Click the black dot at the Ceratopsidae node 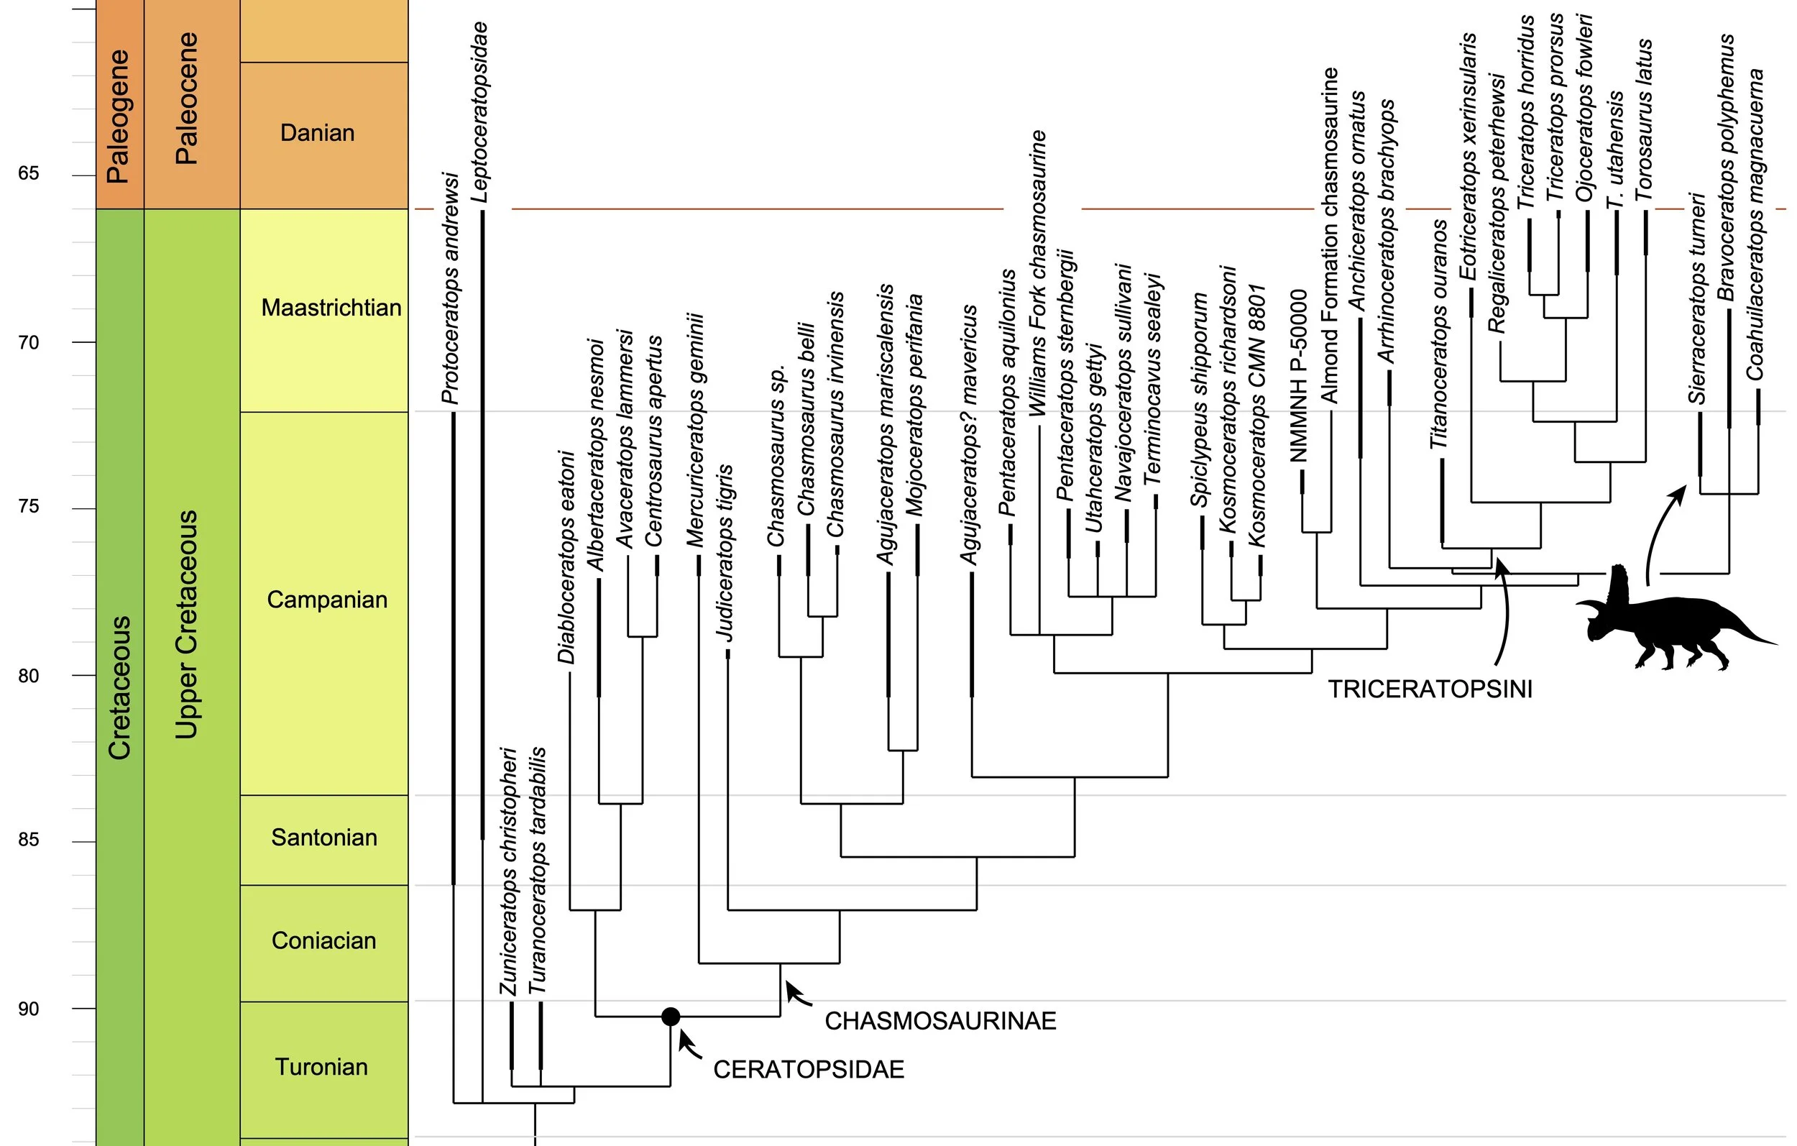coord(670,1016)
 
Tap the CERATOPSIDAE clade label coord(808,1069)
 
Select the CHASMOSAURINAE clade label coord(939,1021)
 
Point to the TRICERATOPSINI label coord(1429,688)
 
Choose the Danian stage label coord(317,133)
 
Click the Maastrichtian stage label coord(331,307)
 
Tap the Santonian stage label coord(324,837)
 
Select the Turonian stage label coord(321,1066)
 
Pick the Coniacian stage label coord(323,940)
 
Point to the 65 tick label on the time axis coord(28,173)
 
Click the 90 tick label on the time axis coord(28,1009)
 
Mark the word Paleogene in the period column coord(118,116)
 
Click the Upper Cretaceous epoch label coord(186,624)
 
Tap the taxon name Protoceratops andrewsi coord(450,288)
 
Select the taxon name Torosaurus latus coord(1644,120)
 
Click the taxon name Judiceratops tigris coord(725,552)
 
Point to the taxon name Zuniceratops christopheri coord(508,871)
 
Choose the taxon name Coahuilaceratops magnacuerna coord(1755,224)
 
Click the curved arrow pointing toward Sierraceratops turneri coord(1660,530)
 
